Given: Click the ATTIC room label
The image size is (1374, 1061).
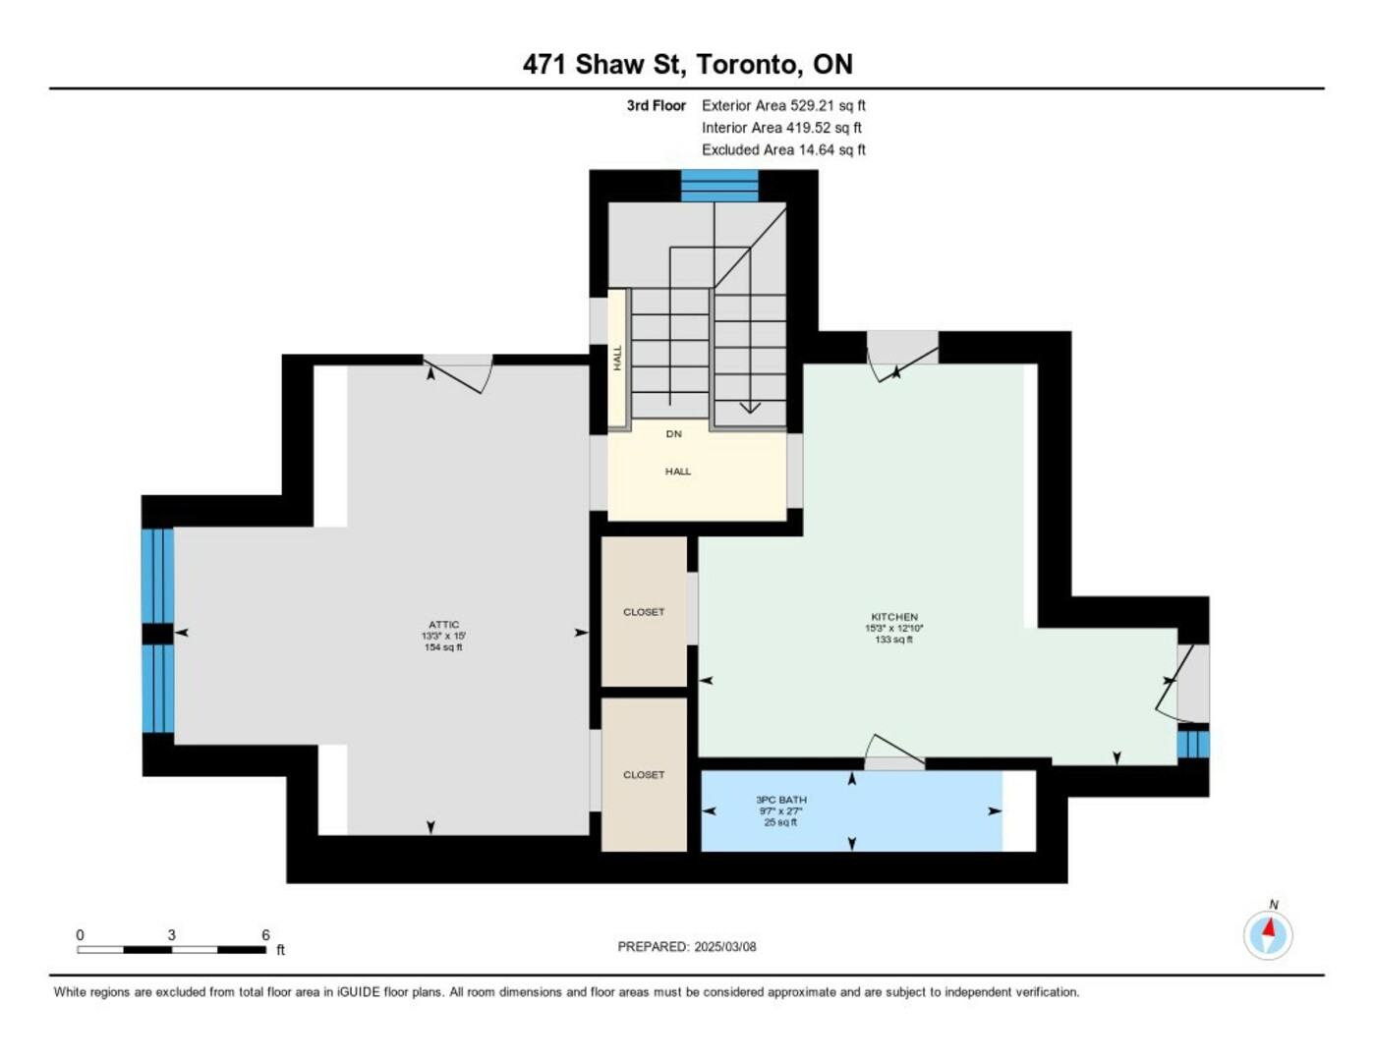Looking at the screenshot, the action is coord(443,625).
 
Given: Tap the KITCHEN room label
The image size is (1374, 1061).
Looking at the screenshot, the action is coord(894,617).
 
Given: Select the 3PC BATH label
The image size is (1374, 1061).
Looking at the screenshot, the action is coord(781,800).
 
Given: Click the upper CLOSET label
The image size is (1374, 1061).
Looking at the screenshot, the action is coord(644,612).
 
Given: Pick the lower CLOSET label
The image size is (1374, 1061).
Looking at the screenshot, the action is coord(644,775).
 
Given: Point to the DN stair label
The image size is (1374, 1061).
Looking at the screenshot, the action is coord(674,434).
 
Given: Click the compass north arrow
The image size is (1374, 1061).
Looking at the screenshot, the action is coord(1269,928).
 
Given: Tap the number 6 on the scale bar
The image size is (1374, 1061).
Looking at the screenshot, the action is coord(265,934).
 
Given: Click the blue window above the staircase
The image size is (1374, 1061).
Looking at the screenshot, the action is coord(718,186).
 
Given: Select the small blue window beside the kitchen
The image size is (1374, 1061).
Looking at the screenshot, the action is coord(1193,745).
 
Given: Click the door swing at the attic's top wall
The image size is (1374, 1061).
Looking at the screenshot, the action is coord(458,374).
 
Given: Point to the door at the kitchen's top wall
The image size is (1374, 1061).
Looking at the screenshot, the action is coord(902,357).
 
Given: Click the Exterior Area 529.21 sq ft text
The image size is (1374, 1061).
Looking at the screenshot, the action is coord(783,105).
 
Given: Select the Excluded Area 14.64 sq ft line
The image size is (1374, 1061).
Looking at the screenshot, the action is coord(783,149).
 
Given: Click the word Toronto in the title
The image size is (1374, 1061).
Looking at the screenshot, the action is coord(746,65).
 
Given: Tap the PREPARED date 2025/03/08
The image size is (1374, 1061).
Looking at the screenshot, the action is coord(724,947).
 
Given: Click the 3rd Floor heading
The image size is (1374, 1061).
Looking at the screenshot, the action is coord(657,105).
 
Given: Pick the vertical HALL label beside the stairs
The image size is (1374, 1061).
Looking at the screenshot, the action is coord(618,358).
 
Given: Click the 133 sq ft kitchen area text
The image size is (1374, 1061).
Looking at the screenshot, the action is coord(894,640).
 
